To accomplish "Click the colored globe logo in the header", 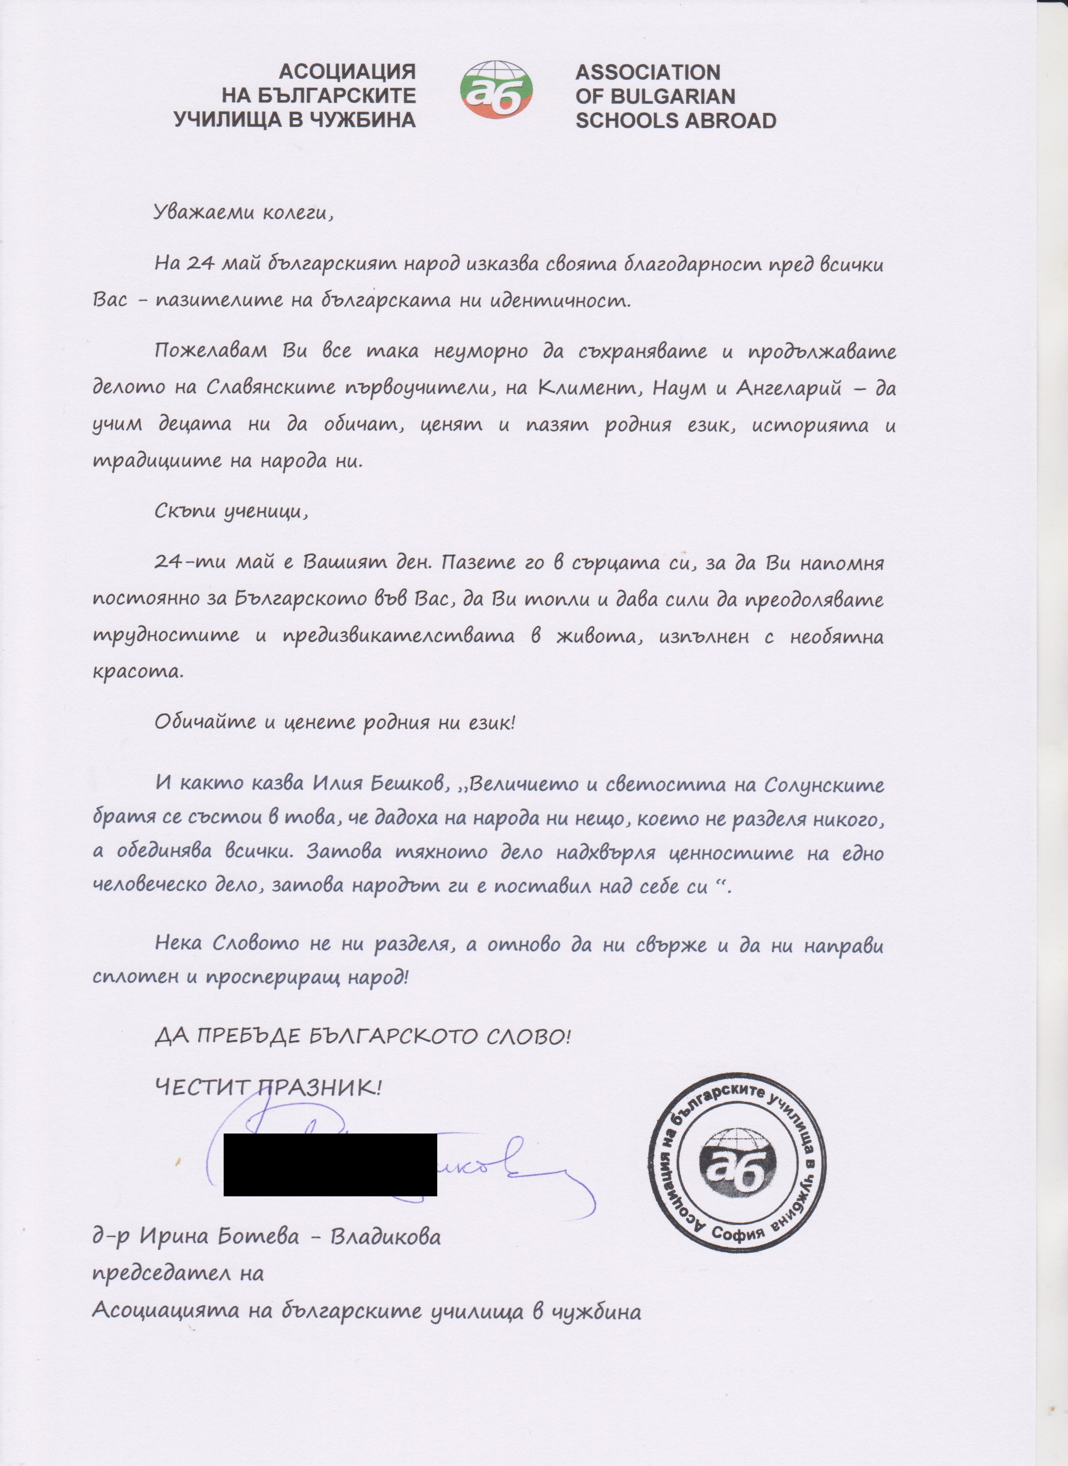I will click(496, 90).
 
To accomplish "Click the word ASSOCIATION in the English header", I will click(648, 72).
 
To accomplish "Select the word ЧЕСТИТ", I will click(201, 1087).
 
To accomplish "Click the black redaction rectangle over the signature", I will click(330, 1164).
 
